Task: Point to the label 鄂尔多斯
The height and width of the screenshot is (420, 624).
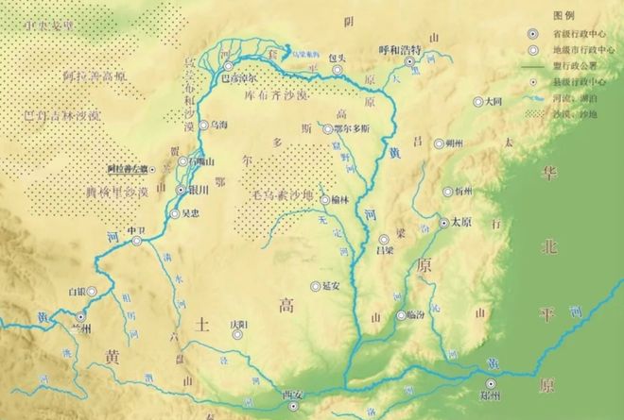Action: point(354,128)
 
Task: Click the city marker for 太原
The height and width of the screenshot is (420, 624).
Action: point(443,223)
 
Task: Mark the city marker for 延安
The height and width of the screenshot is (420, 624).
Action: point(315,285)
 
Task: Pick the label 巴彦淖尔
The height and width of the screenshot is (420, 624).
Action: point(238,80)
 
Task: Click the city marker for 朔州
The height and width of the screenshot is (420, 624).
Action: point(439,143)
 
